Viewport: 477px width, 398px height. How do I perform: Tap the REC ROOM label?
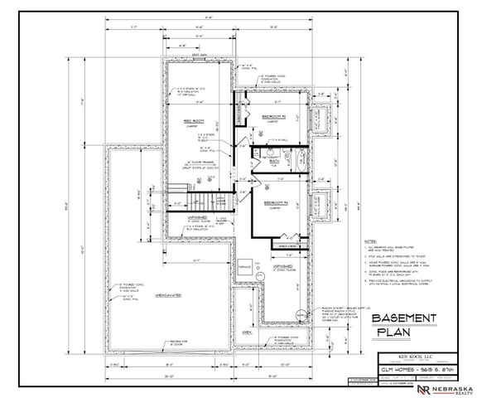(x=193, y=121)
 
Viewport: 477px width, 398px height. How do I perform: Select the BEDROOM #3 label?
(x=272, y=116)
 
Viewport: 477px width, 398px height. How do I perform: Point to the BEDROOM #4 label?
(x=275, y=203)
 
